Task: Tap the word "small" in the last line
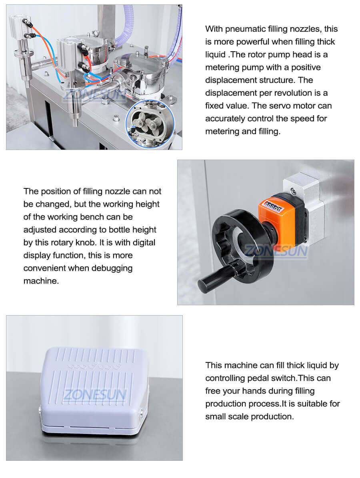click(217, 416)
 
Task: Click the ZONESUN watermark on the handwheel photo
click(276, 251)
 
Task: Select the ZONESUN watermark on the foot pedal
click(94, 395)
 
